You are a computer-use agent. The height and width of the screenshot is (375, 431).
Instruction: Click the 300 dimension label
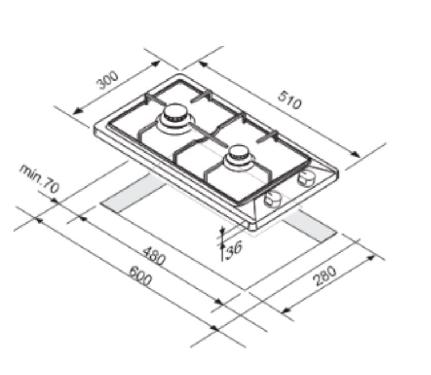click(108, 80)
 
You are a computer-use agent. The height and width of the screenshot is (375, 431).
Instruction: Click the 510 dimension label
click(290, 100)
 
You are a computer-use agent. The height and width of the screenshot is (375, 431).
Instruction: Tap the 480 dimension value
click(154, 256)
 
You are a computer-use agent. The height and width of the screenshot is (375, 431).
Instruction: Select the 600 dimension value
click(140, 276)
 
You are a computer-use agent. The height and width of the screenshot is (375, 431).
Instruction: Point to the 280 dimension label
click(324, 276)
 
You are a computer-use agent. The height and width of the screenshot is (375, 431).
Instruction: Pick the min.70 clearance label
click(39, 178)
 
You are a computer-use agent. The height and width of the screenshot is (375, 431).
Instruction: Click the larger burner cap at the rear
click(175, 113)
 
